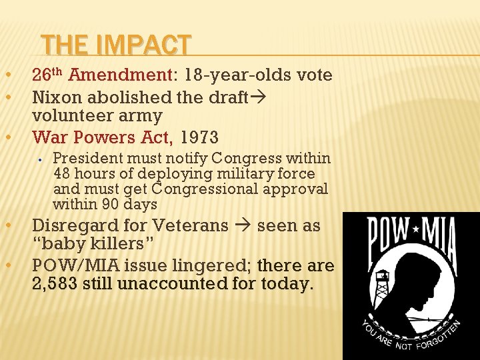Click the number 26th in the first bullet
pos(47,75)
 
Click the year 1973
pos(199,138)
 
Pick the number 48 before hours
pos(62,174)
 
